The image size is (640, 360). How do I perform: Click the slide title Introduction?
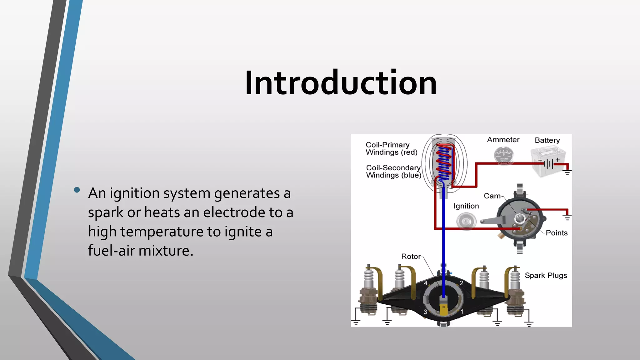[x=341, y=83]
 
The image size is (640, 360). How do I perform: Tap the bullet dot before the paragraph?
[x=77, y=190]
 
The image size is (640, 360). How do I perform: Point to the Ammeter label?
[x=503, y=140]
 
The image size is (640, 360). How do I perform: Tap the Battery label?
[x=547, y=140]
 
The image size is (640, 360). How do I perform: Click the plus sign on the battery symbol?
[x=557, y=160]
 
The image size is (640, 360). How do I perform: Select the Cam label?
[x=492, y=196]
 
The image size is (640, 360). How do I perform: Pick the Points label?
[x=557, y=233]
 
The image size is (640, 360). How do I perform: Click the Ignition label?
[x=466, y=206]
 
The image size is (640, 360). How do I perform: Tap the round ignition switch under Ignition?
[x=466, y=221]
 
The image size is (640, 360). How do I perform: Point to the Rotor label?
[x=411, y=257]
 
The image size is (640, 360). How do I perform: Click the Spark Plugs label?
[x=546, y=275]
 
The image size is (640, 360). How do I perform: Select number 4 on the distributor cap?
[x=426, y=283]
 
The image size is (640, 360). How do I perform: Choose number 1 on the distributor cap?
[x=462, y=312]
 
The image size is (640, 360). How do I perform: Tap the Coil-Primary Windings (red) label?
[x=392, y=149]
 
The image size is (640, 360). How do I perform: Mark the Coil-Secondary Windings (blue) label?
[x=393, y=172]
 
